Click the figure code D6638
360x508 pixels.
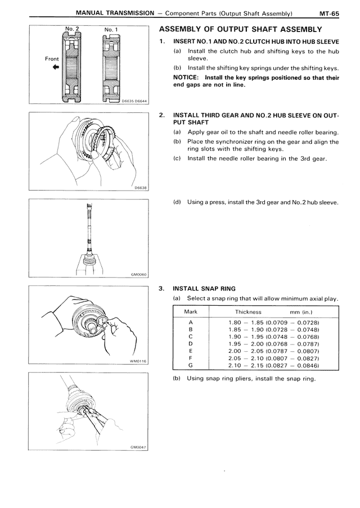tap(141, 188)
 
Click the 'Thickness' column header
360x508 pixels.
tap(248, 312)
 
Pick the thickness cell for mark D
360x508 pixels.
tap(274, 344)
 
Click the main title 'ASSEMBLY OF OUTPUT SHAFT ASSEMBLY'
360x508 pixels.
tap(241, 30)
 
